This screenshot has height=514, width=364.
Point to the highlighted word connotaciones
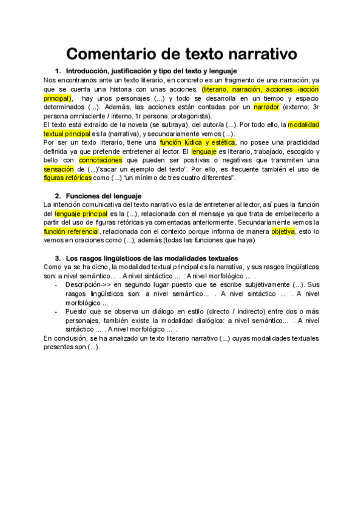click(x=100, y=160)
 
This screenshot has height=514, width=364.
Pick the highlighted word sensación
click(x=61, y=169)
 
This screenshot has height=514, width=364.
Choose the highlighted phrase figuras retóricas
click(x=68, y=178)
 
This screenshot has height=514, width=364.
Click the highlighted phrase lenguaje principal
click(x=81, y=214)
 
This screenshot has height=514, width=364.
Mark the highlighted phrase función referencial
click(x=71, y=232)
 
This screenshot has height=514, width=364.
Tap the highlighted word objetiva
click(x=283, y=232)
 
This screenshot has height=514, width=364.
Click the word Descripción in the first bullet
click(x=86, y=284)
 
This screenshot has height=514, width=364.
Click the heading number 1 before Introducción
click(x=58, y=72)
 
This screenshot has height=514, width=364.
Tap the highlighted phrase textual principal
click(x=67, y=133)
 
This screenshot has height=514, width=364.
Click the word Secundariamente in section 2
click(x=264, y=222)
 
